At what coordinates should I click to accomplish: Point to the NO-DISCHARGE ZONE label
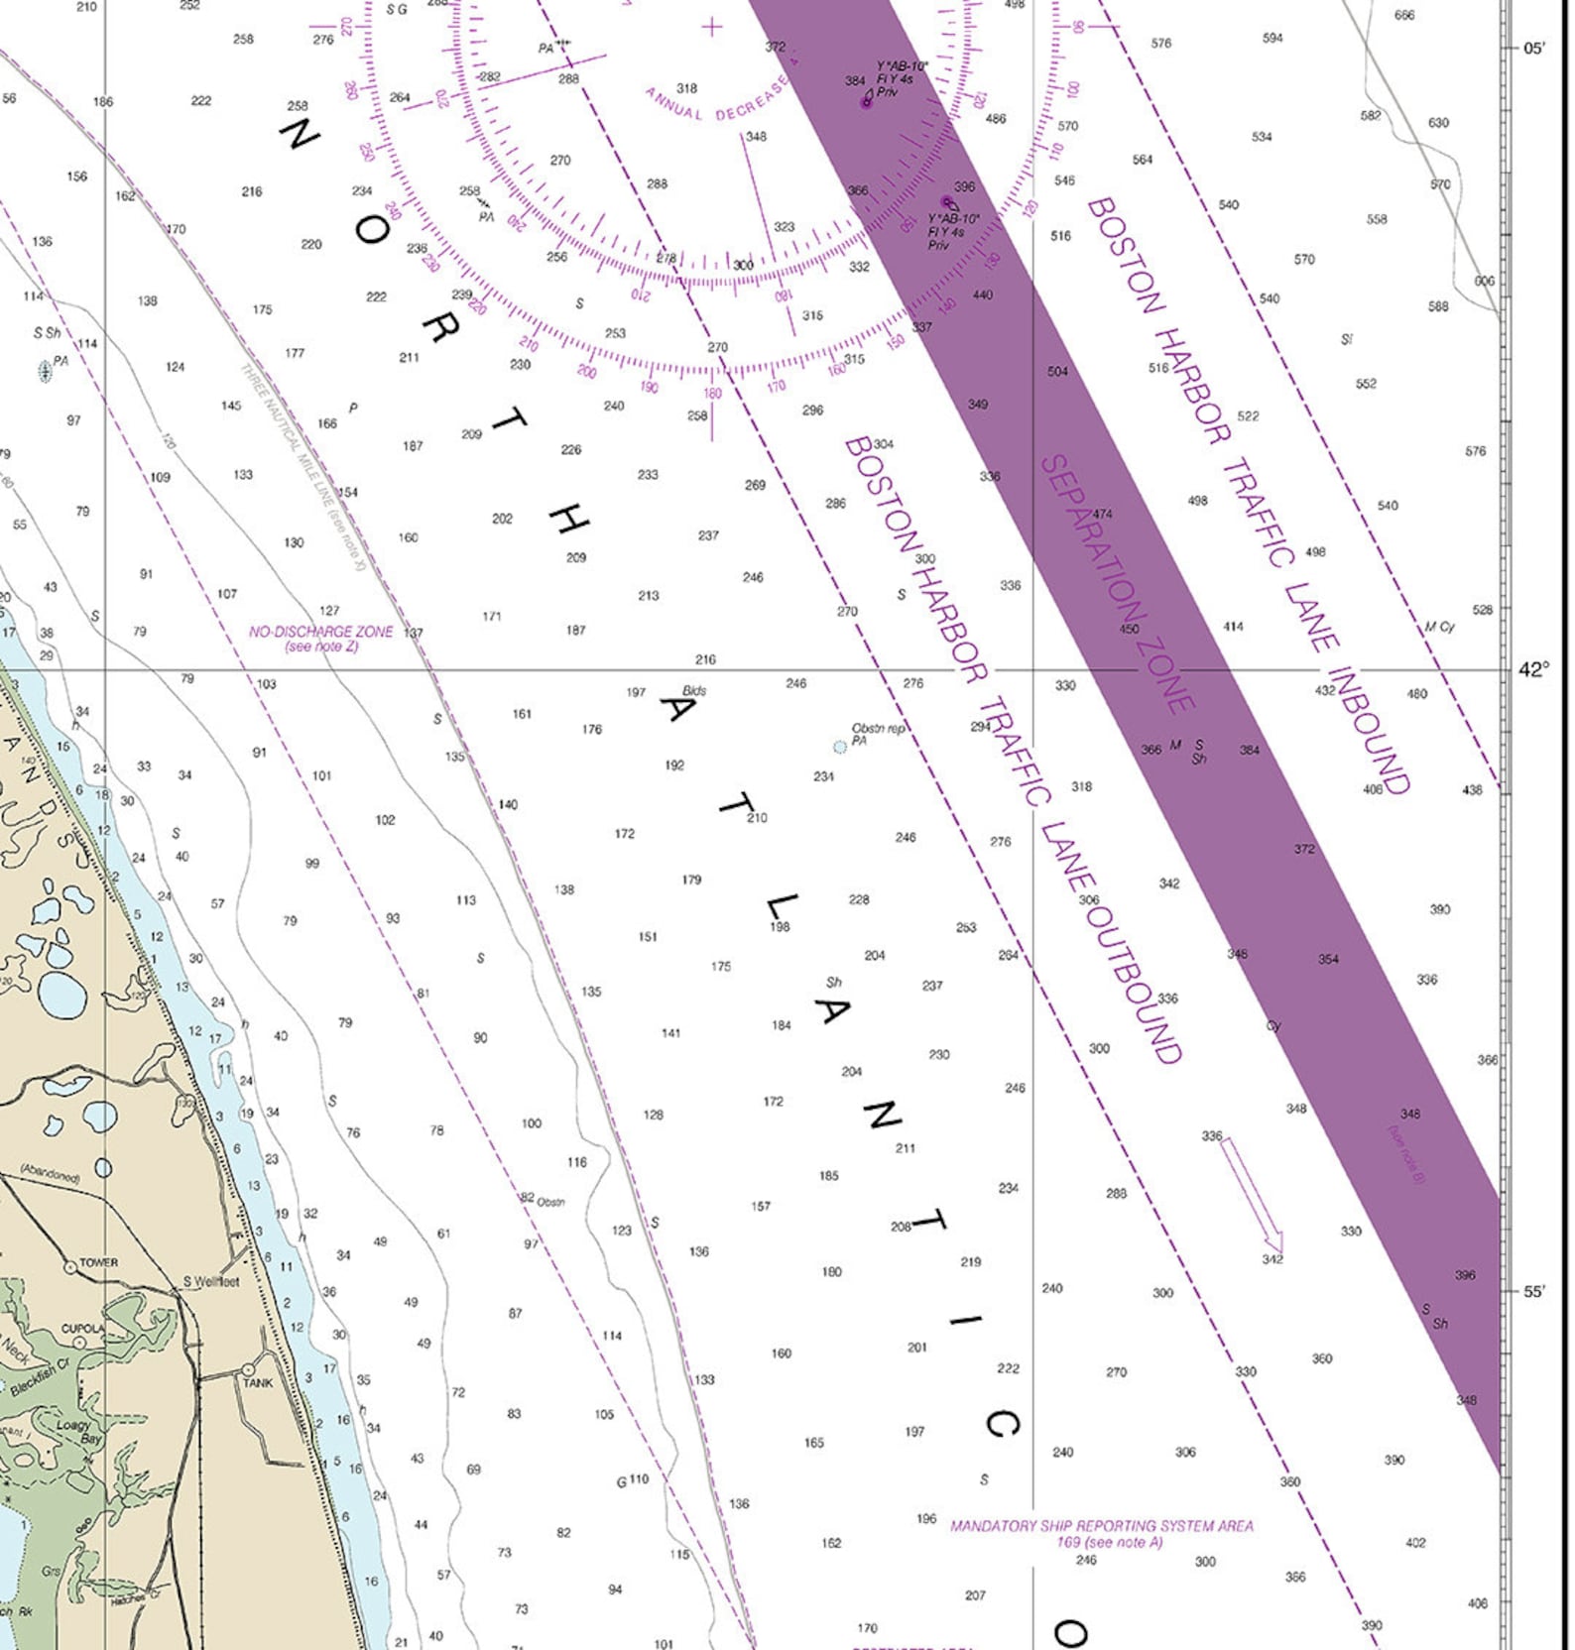320,638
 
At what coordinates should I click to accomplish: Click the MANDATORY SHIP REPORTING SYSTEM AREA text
1101,1533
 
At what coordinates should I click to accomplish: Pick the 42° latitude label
1532,670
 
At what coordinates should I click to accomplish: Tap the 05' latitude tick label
1533,48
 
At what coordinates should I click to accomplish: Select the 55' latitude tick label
1533,1291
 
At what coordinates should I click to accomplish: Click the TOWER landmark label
98,1262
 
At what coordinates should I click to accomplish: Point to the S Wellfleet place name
210,1281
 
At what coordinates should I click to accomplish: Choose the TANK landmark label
258,1382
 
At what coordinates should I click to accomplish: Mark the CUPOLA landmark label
82,1328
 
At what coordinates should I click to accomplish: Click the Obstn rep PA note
877,734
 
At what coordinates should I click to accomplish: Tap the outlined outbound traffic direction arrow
1252,1195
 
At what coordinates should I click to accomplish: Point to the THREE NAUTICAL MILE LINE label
303,466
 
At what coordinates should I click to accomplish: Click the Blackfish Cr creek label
41,1377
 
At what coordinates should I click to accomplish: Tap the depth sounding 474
1102,514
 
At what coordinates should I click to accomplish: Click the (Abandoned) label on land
50,1174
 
